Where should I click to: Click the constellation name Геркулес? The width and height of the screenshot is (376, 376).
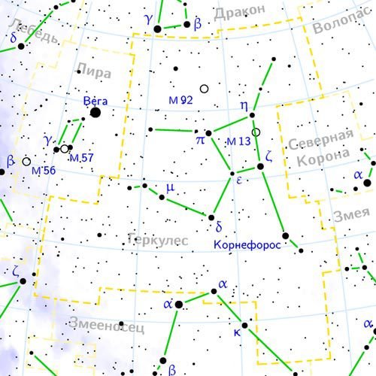pos(157,240)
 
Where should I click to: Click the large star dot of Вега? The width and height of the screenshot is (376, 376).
pos(96,113)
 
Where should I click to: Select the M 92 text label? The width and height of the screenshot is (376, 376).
pos(180,100)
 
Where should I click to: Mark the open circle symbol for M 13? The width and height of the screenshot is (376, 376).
pos(256,132)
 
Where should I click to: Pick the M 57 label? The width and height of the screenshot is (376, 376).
pos(81,158)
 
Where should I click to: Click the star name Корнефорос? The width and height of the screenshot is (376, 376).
pos(247,244)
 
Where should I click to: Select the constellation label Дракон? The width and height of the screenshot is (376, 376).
pos(240,12)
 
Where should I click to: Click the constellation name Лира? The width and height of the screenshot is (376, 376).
pos(93,72)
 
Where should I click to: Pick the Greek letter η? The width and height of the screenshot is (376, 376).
pos(244,105)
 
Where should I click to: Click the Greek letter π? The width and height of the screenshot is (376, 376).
pos(200,139)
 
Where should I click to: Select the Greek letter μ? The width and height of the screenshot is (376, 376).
pos(170,188)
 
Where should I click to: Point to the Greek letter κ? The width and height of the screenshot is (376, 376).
pos(236,332)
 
